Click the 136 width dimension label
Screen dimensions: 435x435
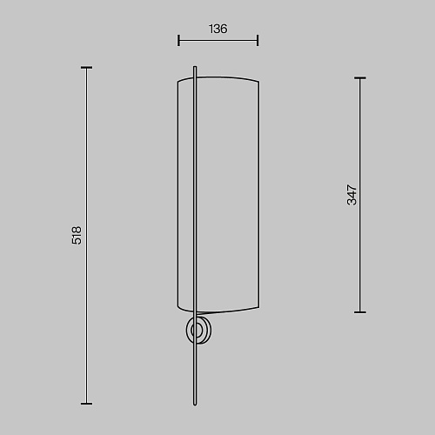218,29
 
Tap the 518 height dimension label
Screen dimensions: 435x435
77,236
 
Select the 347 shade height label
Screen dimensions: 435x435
351,195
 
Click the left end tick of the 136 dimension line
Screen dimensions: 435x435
178,40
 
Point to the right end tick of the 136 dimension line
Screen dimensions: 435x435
258,40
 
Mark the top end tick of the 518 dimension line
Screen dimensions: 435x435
86,68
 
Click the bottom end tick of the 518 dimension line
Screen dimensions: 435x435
86,404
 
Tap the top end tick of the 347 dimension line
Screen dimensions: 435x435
360,78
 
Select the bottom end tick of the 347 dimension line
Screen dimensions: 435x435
360,312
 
